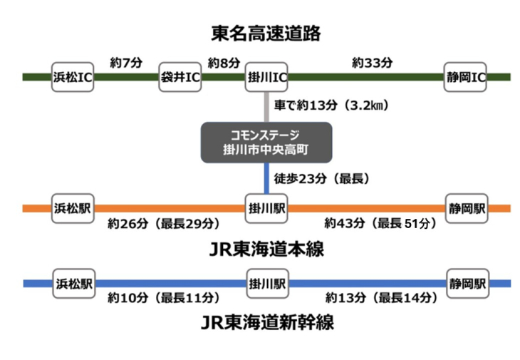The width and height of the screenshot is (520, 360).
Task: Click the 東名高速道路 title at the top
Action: pos(266,33)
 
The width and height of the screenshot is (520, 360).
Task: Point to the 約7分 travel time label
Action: pos(125,63)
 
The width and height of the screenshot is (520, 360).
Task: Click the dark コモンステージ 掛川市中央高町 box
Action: pos(266,142)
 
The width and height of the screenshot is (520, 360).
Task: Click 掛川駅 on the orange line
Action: pos(266,208)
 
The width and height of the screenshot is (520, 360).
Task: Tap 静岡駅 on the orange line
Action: pos(467,208)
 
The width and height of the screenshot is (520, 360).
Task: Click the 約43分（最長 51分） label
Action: pos(379,224)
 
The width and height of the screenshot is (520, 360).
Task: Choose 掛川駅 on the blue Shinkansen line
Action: pos(266,283)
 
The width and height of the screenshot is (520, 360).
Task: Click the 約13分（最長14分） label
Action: pos(379,297)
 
